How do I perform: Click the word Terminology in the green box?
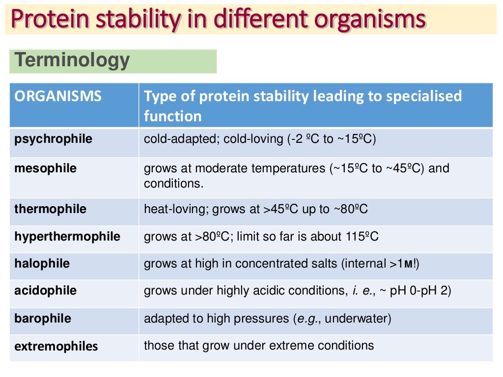72,60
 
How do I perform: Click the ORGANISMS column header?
58,96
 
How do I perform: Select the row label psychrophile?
53,139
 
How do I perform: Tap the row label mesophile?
46,168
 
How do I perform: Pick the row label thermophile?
50,209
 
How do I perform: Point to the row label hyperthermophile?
67,237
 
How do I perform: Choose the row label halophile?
42,264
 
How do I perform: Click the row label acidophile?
46,291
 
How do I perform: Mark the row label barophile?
43,319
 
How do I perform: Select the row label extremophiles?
56,346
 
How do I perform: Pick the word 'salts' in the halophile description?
322,264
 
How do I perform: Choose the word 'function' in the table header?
172,116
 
